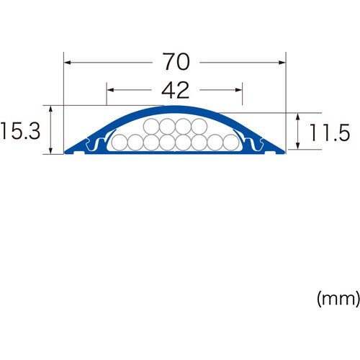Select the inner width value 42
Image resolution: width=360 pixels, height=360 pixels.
(x=174, y=91)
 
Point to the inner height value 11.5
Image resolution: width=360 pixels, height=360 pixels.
(x=330, y=132)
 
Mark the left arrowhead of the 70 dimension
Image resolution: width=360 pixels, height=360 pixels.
(x=66, y=63)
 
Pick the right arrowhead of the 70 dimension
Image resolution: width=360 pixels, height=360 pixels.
(x=284, y=63)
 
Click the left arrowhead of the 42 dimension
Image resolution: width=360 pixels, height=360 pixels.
(x=109, y=91)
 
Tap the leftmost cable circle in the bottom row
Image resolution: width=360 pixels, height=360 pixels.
(x=120, y=143)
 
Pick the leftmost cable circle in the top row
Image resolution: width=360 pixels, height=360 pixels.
(x=151, y=127)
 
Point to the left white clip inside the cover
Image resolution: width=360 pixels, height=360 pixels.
(x=93, y=145)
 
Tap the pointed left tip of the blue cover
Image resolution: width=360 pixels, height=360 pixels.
(x=66, y=152)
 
